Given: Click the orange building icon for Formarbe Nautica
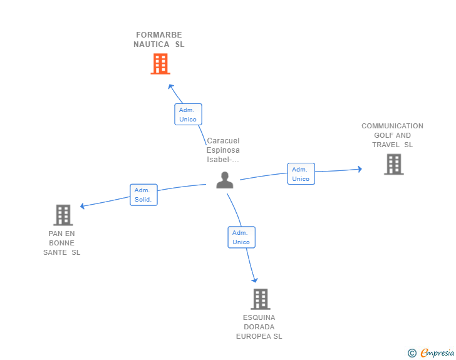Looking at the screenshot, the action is [160, 64].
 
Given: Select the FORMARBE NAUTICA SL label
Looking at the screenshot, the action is [159, 39].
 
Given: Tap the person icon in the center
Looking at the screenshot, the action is [225, 180].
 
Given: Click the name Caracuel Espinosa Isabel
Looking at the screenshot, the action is [223, 150].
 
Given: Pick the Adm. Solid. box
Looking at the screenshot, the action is [143, 195].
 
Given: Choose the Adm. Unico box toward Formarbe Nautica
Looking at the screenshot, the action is [188, 115].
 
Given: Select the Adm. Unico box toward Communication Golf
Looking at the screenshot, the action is [301, 173].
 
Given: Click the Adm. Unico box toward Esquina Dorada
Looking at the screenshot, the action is [241, 237].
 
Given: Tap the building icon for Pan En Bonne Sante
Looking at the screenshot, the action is [63, 215].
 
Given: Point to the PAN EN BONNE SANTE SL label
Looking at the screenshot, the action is [61, 243].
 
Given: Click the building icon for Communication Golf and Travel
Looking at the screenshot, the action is [394, 164].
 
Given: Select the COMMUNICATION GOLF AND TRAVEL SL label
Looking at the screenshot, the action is [392, 135].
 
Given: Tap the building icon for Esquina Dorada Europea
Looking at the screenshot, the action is [261, 299].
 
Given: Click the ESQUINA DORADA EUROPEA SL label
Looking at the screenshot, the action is [259, 327].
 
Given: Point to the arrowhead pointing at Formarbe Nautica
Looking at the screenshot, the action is [171, 86].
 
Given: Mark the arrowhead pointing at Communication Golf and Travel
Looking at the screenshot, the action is [360, 169].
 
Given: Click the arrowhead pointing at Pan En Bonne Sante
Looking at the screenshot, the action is [82, 206].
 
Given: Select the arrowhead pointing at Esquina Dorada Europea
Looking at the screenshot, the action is [255, 280].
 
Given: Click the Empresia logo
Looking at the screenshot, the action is [437, 352].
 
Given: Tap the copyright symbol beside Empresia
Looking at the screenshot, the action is [412, 353].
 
